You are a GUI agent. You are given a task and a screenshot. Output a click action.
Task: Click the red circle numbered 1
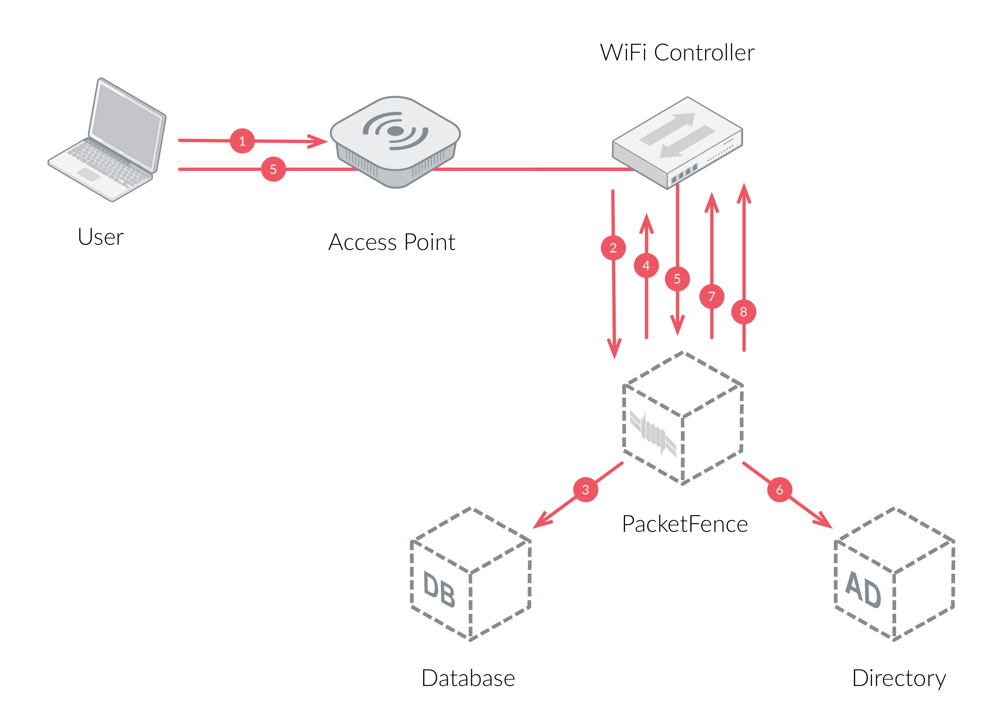click(242, 141)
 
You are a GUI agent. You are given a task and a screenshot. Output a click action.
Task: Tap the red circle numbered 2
click(613, 248)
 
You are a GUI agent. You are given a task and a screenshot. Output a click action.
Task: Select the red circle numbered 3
click(586, 490)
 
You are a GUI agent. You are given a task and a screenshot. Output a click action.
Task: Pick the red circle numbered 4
click(646, 265)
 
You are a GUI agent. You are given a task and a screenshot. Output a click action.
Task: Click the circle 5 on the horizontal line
click(273, 169)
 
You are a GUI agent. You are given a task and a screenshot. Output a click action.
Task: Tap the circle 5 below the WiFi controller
click(677, 279)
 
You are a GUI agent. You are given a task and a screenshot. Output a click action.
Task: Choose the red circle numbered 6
click(779, 490)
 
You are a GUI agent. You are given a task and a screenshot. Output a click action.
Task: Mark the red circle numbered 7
click(712, 296)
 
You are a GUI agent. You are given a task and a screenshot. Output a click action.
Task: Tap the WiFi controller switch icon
click(677, 142)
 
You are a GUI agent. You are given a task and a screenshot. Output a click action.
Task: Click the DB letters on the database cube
click(439, 589)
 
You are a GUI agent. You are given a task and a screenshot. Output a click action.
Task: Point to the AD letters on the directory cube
click(863, 589)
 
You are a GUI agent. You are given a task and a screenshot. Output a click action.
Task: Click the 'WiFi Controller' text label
click(677, 52)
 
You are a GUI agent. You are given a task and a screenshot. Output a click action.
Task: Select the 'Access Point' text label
click(392, 242)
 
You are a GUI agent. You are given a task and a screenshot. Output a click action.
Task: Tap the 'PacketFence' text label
click(685, 524)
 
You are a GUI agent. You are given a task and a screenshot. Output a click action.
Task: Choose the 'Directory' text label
click(899, 678)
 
